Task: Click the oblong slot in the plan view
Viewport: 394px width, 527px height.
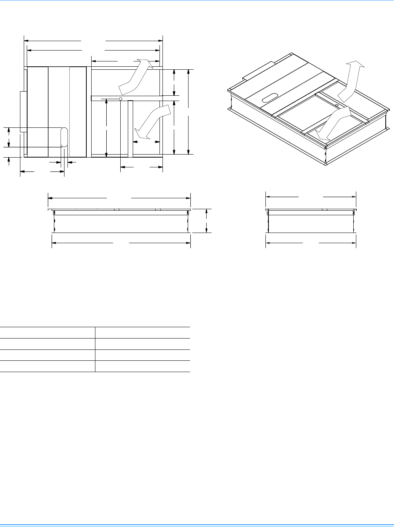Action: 64,137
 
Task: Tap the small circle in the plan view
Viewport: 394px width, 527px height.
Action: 120,99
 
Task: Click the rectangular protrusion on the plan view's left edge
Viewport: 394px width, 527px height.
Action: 23,112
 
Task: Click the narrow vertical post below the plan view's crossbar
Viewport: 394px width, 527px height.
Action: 130,128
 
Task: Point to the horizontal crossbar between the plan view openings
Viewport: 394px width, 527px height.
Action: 126,98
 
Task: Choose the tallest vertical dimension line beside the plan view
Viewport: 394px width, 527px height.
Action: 189,112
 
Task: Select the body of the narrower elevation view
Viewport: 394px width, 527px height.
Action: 311,223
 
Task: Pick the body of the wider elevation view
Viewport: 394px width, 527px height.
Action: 121,224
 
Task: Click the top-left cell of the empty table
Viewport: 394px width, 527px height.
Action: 48,332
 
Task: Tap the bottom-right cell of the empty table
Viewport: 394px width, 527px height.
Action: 143,366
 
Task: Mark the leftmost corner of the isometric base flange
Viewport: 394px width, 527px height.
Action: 228,109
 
